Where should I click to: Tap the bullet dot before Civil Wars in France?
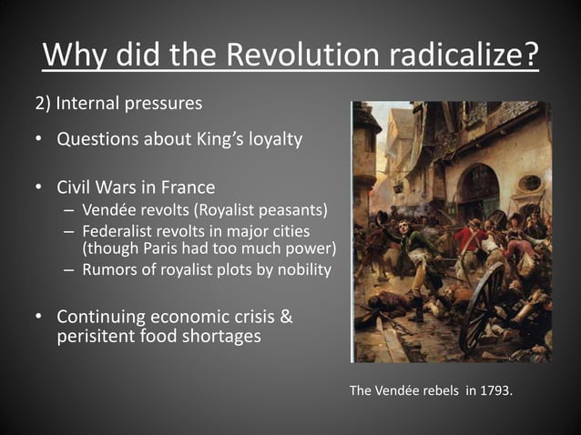pyautogui.click(x=39, y=188)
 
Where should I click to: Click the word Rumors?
pyautogui.click(x=112, y=269)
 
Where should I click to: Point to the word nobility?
pyautogui.click(x=301, y=269)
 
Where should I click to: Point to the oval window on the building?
pyautogui.click(x=530, y=183)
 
